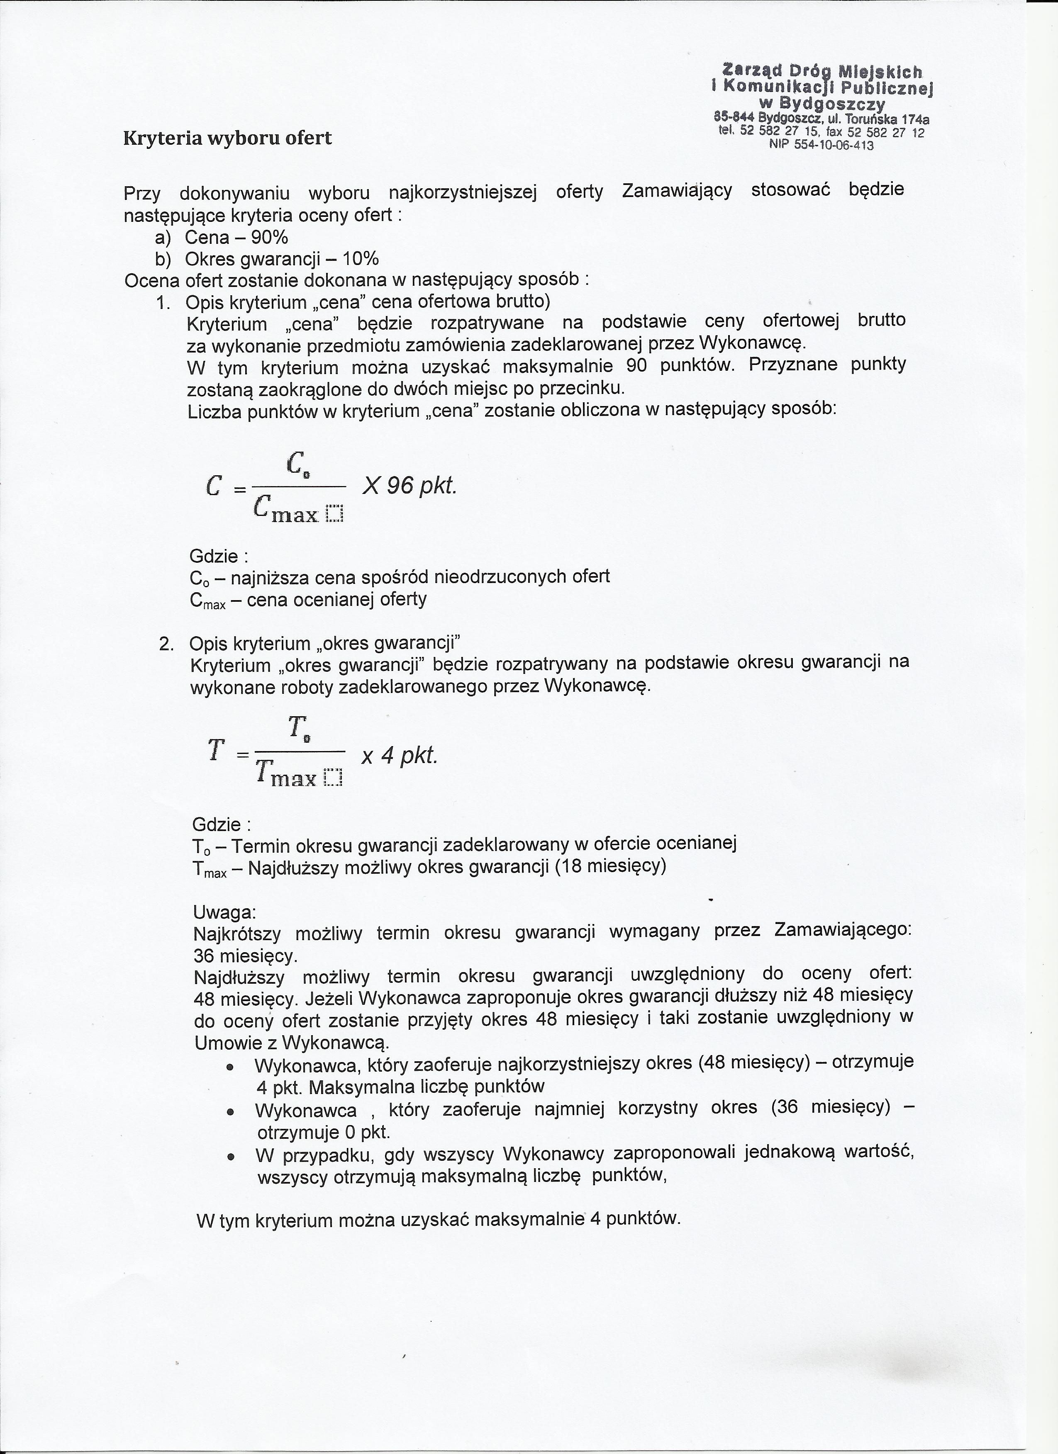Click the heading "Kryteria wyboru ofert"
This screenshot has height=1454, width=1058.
[x=228, y=138]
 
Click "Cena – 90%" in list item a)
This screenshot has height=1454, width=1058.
[x=236, y=238]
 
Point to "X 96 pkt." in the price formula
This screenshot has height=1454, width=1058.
[x=409, y=486]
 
